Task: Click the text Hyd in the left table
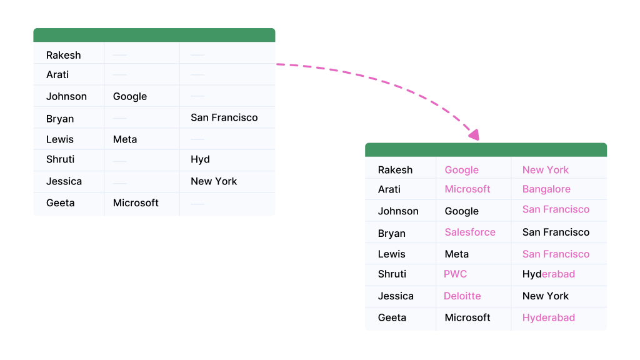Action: (200, 159)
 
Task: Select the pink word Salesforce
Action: (470, 232)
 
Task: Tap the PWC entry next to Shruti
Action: (455, 274)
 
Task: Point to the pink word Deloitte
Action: (462, 296)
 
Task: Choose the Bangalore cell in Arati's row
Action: (546, 189)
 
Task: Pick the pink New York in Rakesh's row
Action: (545, 170)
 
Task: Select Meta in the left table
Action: (125, 139)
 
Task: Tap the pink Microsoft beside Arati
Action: (467, 189)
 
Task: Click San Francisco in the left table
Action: (224, 117)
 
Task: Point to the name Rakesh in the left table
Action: (63, 55)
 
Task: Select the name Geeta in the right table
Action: (392, 317)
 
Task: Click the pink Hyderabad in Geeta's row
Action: (549, 317)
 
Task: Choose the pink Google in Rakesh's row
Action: (461, 170)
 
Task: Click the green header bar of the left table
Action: (154, 35)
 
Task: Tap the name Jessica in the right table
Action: (396, 296)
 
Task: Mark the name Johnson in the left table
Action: (66, 96)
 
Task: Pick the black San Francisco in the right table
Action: (556, 232)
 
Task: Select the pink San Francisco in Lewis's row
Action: (556, 254)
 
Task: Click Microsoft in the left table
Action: (136, 203)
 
